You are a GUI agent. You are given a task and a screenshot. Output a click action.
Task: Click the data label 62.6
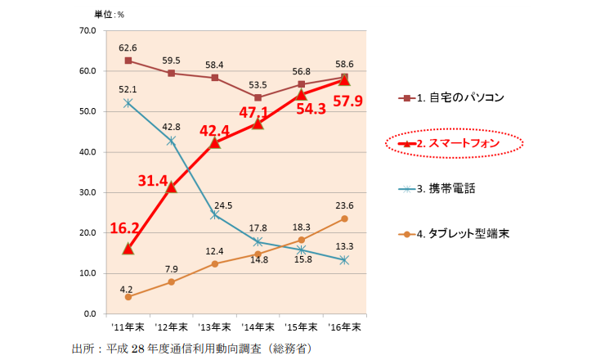(x=128, y=47)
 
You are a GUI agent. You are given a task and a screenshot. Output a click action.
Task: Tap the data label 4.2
(x=127, y=288)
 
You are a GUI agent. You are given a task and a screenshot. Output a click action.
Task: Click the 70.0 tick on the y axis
(x=86, y=31)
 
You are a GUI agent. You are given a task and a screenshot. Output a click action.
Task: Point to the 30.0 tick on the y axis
(x=86, y=193)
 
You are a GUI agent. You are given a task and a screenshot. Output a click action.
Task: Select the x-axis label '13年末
(x=214, y=327)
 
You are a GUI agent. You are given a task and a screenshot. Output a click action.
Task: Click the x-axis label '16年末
(x=344, y=327)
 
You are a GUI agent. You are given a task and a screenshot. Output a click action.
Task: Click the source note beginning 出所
(x=191, y=349)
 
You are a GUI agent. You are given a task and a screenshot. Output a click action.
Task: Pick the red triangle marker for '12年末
(x=172, y=187)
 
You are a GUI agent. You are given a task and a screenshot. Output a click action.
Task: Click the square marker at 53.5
(x=258, y=97)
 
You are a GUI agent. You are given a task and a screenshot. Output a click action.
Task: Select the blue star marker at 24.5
(x=214, y=214)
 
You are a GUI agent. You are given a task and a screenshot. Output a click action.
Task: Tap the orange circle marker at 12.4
(x=214, y=263)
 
